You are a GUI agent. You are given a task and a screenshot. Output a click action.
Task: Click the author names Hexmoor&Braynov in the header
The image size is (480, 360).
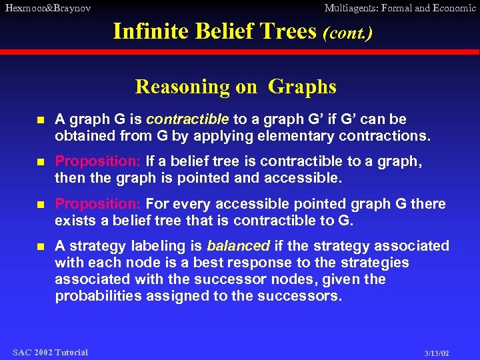(x=47, y=8)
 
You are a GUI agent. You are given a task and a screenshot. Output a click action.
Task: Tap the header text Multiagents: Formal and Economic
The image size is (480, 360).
(x=400, y=8)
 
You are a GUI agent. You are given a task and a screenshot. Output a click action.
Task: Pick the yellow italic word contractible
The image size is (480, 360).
(x=187, y=119)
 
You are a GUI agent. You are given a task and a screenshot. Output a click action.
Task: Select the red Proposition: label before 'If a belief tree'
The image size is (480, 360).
(x=97, y=162)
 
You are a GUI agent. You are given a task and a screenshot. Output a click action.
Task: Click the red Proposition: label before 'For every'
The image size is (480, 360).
(x=97, y=204)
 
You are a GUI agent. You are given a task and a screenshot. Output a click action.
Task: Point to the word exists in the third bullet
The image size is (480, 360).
(x=75, y=221)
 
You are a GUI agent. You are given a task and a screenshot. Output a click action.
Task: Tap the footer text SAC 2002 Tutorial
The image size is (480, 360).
(x=51, y=352)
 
